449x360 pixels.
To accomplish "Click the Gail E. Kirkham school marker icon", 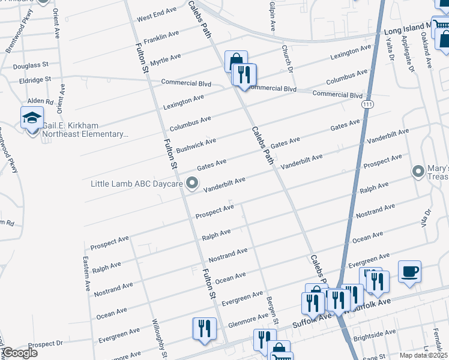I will click(x=32, y=118).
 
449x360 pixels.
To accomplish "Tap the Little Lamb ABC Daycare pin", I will click(x=193, y=182).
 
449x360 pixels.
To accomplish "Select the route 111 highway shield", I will click(x=366, y=104).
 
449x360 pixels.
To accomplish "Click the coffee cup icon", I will click(x=409, y=271).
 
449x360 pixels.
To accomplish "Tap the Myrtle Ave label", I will click(x=165, y=59).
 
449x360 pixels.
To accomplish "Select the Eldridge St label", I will click(x=35, y=79).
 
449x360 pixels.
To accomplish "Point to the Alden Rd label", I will click(x=40, y=102).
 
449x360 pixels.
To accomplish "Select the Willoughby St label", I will click(x=160, y=339).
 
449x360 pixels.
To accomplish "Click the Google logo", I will click(x=19, y=353).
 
